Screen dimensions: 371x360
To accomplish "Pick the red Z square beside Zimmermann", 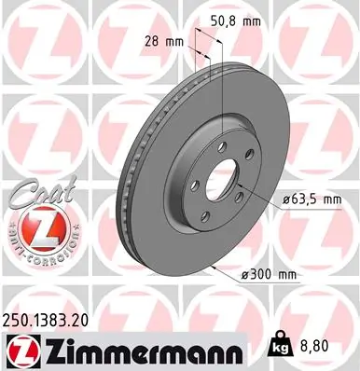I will (19, 350).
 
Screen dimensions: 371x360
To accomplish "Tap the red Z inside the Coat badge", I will (35, 226).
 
